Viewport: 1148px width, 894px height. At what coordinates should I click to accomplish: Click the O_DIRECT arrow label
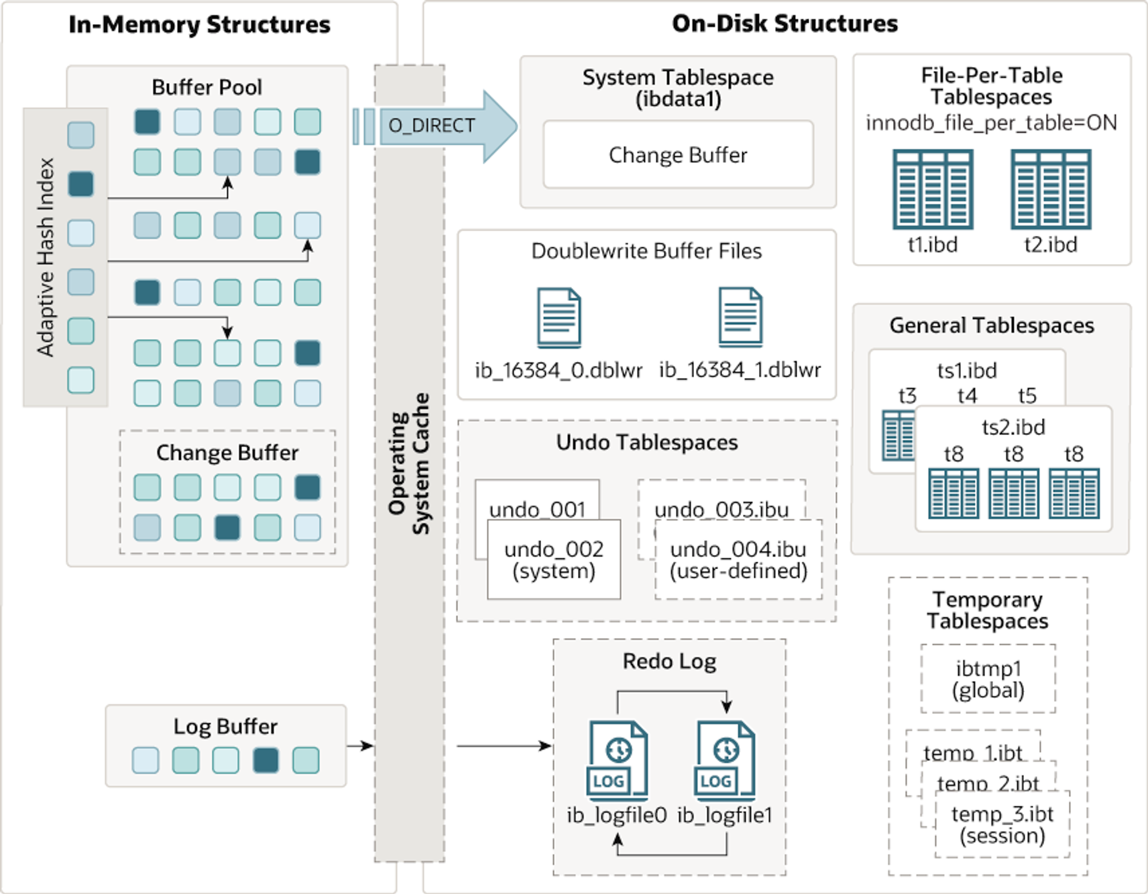point(432,125)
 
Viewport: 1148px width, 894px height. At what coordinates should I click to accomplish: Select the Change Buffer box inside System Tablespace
point(678,154)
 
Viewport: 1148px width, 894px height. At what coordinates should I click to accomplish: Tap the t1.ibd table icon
point(933,189)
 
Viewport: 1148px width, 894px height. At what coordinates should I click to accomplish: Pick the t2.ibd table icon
point(1051,189)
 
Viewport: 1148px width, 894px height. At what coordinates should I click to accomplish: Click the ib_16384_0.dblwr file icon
point(559,318)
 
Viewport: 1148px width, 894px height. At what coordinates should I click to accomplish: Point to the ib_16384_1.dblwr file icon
point(740,317)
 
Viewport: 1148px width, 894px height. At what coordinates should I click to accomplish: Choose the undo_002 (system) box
point(554,559)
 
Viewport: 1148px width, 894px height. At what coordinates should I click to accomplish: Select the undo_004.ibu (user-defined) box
point(738,559)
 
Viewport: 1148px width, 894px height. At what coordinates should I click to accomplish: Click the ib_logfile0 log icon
point(617,760)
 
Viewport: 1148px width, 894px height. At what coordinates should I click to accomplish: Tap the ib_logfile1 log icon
point(725,760)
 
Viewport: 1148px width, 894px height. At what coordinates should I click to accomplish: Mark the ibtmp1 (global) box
point(988,679)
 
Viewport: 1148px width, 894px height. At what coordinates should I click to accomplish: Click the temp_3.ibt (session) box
point(1002,824)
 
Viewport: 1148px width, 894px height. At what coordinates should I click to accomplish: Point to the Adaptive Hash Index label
point(45,257)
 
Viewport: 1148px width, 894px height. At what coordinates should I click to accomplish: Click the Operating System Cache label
point(409,464)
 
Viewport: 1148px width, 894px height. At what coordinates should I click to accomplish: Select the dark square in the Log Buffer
point(266,760)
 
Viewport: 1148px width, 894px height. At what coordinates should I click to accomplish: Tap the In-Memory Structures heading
point(199,25)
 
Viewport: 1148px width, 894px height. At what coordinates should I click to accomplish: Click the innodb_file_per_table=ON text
point(991,123)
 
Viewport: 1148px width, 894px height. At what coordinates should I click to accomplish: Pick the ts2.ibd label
point(1013,427)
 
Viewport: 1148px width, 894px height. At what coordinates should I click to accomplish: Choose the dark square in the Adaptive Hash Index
point(81,184)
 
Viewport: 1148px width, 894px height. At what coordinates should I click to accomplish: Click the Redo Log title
point(669,662)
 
